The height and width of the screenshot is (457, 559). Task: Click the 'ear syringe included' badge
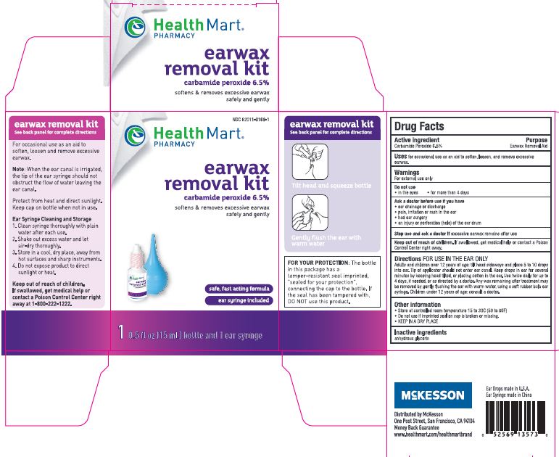(x=237, y=300)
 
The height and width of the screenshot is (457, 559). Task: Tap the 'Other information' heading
(x=418, y=305)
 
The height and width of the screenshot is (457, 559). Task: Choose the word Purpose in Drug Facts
(x=537, y=140)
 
